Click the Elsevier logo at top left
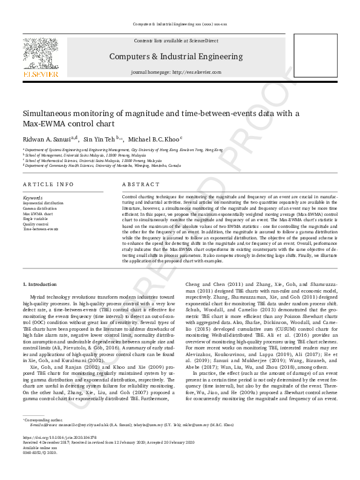tap(41, 58)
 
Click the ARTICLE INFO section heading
tap(48, 184)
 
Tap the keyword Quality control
tap(35, 224)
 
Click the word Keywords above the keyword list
tap(33, 198)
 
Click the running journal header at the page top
tap(179, 24)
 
